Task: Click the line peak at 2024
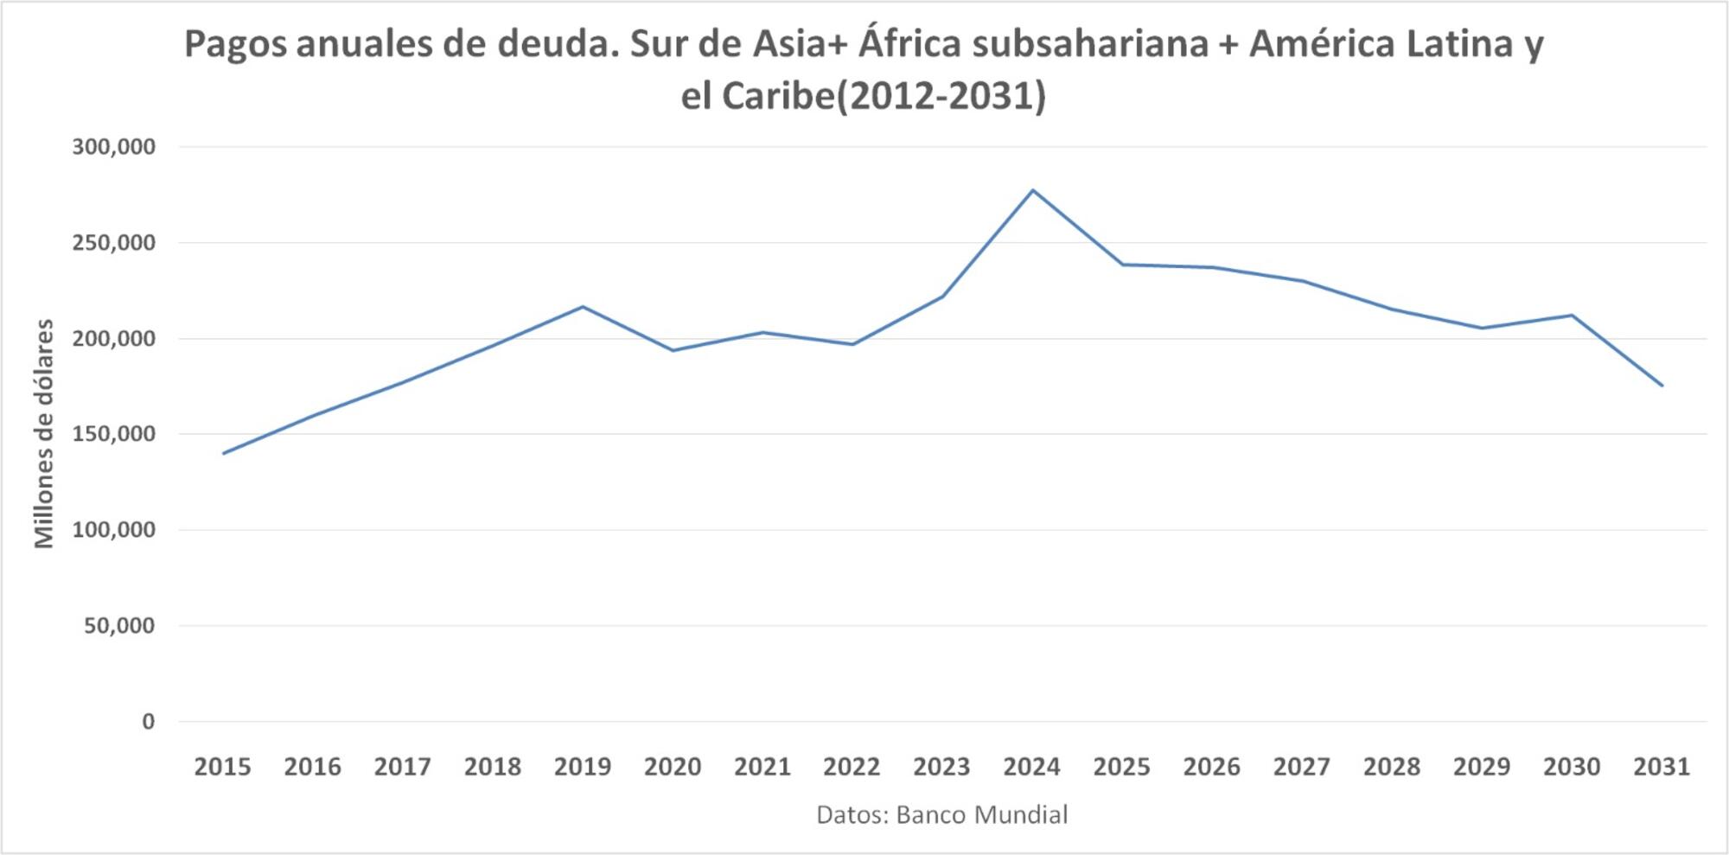tap(1032, 190)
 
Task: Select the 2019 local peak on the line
tap(583, 307)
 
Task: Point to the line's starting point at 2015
tap(223, 453)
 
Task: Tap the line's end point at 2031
tap(1662, 386)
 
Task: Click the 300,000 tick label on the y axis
tap(113, 147)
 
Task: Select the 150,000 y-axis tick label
tap(113, 434)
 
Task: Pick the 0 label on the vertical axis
tap(149, 721)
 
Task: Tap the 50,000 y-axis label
tap(119, 625)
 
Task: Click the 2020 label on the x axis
tap(673, 767)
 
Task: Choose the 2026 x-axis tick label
tap(1211, 767)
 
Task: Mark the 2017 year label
tap(403, 767)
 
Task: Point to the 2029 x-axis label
tap(1482, 767)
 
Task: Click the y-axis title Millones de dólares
tap(44, 434)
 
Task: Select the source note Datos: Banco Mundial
tap(942, 814)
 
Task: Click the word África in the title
tap(909, 43)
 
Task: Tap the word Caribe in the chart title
tap(778, 96)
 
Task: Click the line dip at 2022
tap(852, 344)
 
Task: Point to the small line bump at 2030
tap(1572, 315)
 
